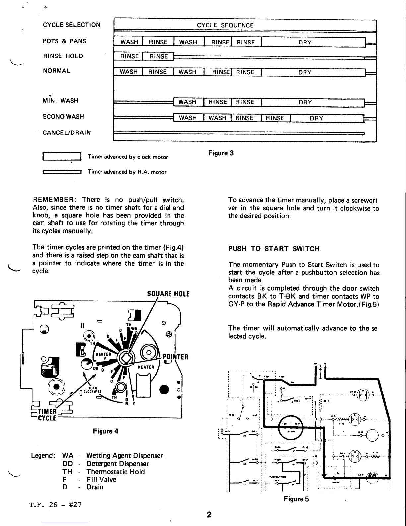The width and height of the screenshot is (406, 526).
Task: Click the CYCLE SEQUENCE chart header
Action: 225,25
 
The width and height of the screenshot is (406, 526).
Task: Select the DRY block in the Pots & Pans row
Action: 305,43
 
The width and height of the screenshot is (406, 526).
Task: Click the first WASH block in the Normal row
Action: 129,72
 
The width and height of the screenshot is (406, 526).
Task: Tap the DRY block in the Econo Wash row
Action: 316,118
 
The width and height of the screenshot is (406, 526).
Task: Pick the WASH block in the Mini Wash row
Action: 187,102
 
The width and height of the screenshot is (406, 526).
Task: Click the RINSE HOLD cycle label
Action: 63,56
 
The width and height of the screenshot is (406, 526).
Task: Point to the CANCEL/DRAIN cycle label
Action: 67,133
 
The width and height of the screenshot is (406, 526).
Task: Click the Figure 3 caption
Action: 221,153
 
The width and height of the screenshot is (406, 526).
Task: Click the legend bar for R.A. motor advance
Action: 62,172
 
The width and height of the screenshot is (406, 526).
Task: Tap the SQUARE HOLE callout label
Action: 168,294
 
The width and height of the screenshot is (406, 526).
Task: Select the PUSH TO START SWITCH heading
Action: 274,249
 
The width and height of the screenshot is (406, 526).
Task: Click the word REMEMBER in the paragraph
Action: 54,200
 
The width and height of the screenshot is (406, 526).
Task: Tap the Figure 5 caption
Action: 296,499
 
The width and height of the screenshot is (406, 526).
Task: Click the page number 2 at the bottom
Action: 209,515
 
